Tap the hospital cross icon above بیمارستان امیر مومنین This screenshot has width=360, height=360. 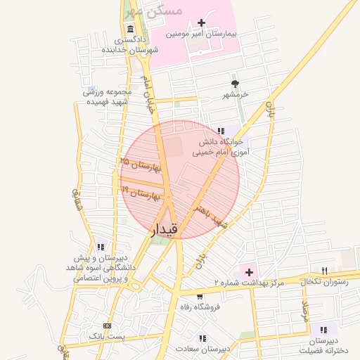202,23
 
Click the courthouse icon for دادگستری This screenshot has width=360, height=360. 131,29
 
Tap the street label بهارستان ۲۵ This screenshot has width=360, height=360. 141,166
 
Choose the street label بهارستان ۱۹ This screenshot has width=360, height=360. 141,192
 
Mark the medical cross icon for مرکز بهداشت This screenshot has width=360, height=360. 249,271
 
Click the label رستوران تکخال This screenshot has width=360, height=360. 322,281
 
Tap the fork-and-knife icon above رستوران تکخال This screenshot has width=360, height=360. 323,271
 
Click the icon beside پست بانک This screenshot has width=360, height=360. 107,326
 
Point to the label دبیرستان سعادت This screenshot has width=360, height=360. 202,349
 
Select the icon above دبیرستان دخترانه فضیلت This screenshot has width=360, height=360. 323,329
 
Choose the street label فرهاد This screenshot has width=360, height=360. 304,313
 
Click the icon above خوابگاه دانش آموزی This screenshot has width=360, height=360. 221,131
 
